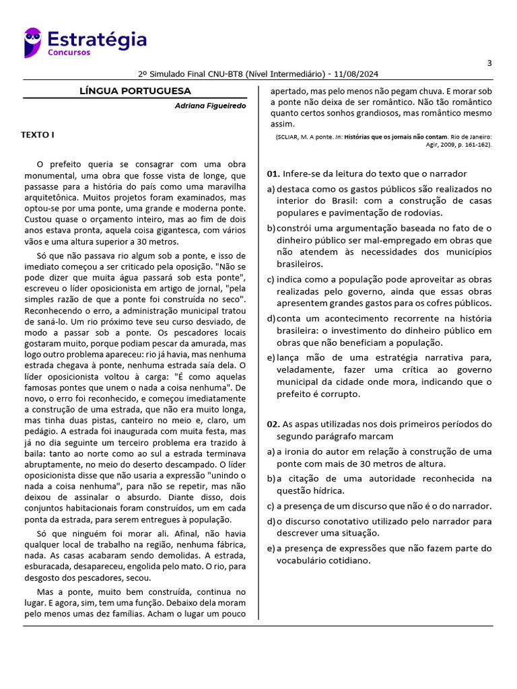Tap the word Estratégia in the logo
tap(97, 39)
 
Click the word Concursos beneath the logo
tap(69, 52)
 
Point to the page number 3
tap(489, 63)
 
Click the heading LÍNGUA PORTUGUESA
tap(135, 91)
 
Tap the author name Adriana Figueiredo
tap(210, 106)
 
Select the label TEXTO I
tap(38, 135)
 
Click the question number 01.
tap(273, 174)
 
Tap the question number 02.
tap(273, 425)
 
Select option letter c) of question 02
tap(271, 506)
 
